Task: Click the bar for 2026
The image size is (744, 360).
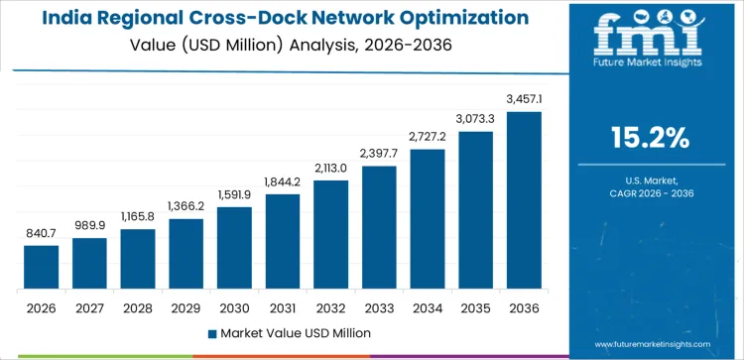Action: point(41,267)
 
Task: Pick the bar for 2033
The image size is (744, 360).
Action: point(379,227)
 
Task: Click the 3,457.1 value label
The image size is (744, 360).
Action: point(524,99)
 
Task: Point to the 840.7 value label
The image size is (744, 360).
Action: point(41,233)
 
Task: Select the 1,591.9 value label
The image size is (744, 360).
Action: point(234,194)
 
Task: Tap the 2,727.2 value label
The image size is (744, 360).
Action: point(428,137)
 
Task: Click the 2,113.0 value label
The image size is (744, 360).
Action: point(330,168)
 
